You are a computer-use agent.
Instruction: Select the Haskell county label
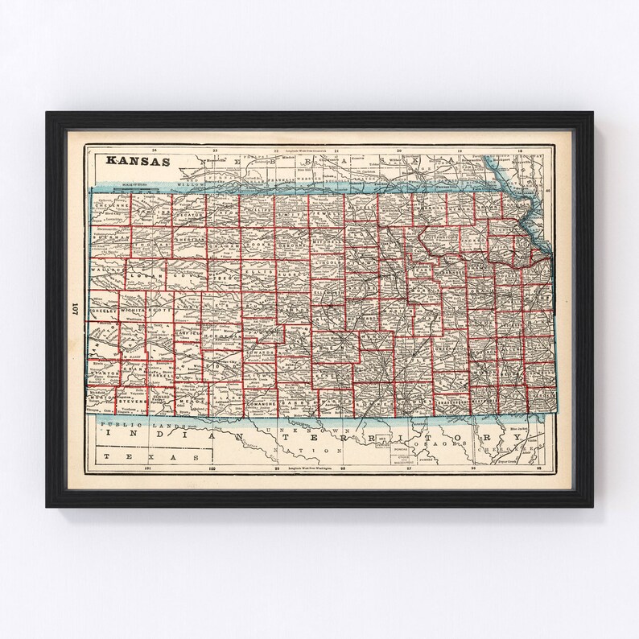(x=155, y=375)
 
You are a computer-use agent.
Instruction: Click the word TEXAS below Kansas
(x=128, y=455)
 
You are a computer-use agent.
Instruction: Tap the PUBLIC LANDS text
(x=129, y=423)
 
